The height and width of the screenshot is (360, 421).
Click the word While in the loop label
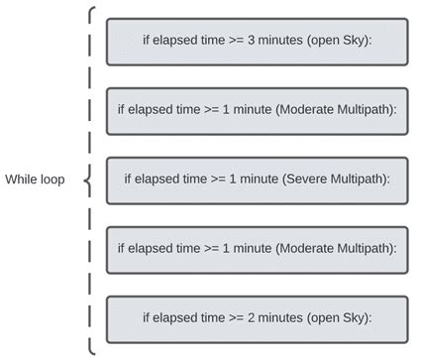[x=22, y=180]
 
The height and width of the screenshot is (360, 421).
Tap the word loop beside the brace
[x=52, y=180]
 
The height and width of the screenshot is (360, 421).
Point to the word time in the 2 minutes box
[x=210, y=319]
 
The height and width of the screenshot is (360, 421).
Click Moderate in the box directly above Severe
[x=297, y=111]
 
